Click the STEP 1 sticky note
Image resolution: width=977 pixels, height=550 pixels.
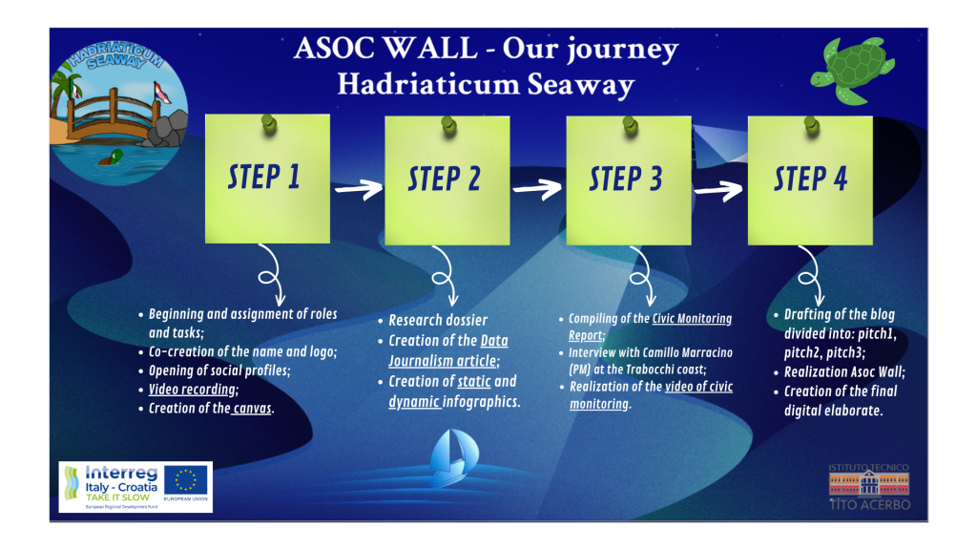(267, 179)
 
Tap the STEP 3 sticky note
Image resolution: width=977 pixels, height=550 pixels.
(629, 180)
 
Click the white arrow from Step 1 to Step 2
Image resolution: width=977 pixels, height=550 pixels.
(359, 188)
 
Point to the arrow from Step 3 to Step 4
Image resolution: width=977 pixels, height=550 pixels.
(718, 190)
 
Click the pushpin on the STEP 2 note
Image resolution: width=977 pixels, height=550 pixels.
(448, 125)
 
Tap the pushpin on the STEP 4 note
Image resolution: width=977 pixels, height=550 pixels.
(811, 125)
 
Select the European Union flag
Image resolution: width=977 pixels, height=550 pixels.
(186, 481)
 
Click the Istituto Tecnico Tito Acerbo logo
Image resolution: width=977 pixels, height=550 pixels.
(869, 486)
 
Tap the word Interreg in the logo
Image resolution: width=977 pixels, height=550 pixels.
(121, 473)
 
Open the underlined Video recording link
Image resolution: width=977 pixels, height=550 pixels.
(192, 390)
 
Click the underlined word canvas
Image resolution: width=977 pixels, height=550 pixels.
(252, 409)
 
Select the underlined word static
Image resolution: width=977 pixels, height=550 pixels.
(474, 382)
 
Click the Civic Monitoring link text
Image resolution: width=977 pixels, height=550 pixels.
(692, 319)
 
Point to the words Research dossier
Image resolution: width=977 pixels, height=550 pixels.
(438, 321)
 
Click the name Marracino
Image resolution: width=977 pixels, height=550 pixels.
(707, 353)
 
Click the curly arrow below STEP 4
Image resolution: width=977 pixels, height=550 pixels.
(811, 275)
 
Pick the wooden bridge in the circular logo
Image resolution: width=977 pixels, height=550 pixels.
(114, 115)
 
